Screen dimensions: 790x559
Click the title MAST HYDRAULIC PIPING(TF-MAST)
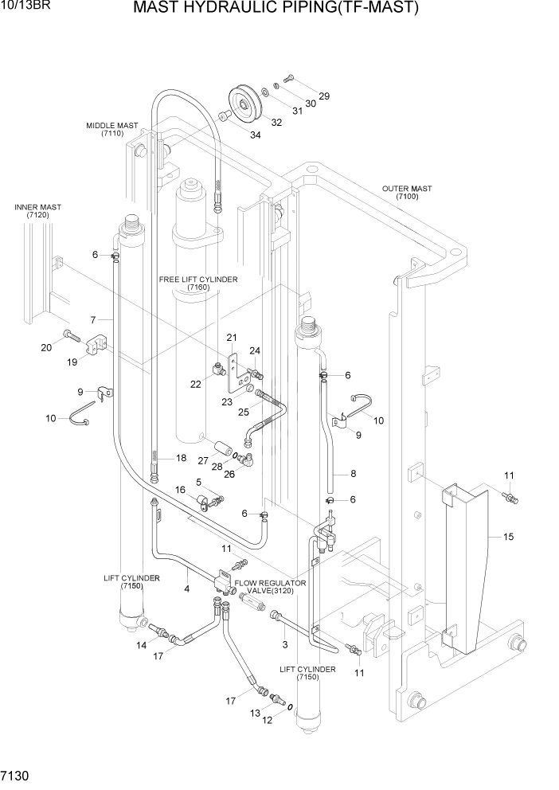(276, 9)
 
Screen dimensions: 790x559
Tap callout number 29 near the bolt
(324, 96)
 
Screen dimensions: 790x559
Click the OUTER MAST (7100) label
(406, 194)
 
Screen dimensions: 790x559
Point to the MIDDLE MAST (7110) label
(112, 130)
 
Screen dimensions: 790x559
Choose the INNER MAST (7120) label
(37, 211)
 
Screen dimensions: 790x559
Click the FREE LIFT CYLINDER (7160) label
(199, 284)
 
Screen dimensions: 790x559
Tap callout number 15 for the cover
(508, 537)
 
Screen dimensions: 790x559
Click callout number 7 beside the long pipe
(93, 319)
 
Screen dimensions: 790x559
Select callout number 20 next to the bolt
(45, 346)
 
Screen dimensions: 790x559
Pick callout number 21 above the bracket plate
(233, 337)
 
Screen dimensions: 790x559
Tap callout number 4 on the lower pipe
(186, 589)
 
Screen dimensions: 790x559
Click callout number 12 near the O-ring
(268, 720)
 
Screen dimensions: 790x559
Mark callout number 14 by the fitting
(141, 645)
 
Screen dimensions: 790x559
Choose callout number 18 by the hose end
(181, 458)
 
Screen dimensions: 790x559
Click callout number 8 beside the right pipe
(353, 474)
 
